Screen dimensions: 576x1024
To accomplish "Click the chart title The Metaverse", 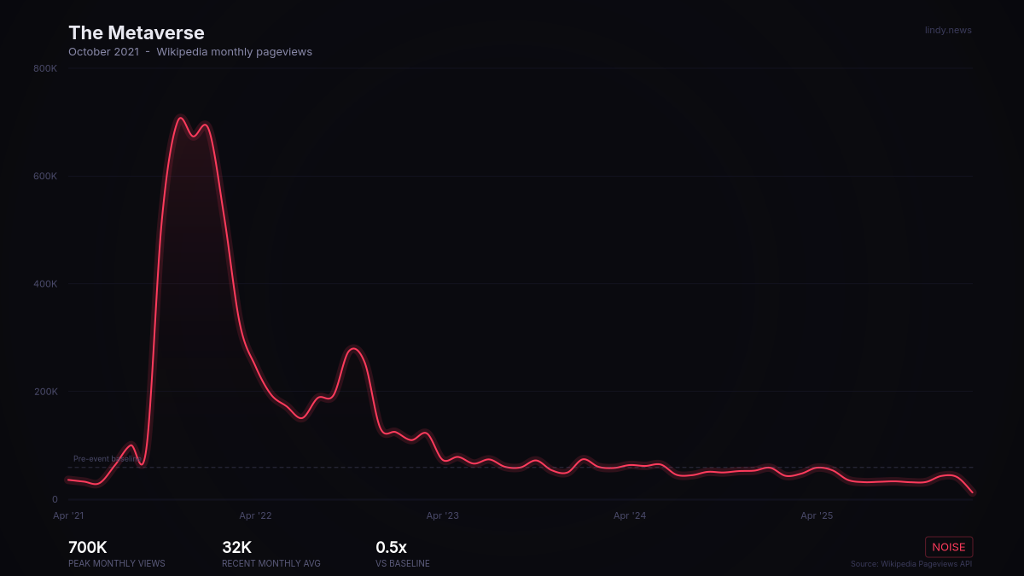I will point(137,32).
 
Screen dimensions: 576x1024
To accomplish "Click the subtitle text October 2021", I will point(104,52).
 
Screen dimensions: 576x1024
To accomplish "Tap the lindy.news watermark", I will point(948,30).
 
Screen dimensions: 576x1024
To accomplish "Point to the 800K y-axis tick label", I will point(45,68).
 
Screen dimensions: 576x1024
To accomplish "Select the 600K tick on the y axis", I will point(45,177).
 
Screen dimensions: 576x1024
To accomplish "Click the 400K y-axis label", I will point(45,284).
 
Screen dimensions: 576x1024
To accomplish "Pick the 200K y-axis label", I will point(45,392).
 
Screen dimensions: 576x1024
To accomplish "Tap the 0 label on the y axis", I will point(55,500).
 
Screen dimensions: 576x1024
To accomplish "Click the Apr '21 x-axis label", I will point(68,515).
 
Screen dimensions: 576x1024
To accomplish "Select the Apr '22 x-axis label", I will point(255,515).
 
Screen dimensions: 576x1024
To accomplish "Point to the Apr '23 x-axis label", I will point(442,515).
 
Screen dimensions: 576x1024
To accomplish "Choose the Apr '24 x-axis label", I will point(630,515).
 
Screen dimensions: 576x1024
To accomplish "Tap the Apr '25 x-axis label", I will point(817,515).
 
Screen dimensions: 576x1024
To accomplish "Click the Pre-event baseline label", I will point(107,459).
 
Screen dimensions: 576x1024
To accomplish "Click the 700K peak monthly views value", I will point(88,548).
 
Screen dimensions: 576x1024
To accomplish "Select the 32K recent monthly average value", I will point(236,548).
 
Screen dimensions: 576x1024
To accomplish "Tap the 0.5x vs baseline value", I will point(392,548).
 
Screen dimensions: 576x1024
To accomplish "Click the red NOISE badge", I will point(949,547).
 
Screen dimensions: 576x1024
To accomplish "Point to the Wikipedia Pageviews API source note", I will point(911,564).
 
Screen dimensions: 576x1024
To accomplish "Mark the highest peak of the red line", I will point(180,117).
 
